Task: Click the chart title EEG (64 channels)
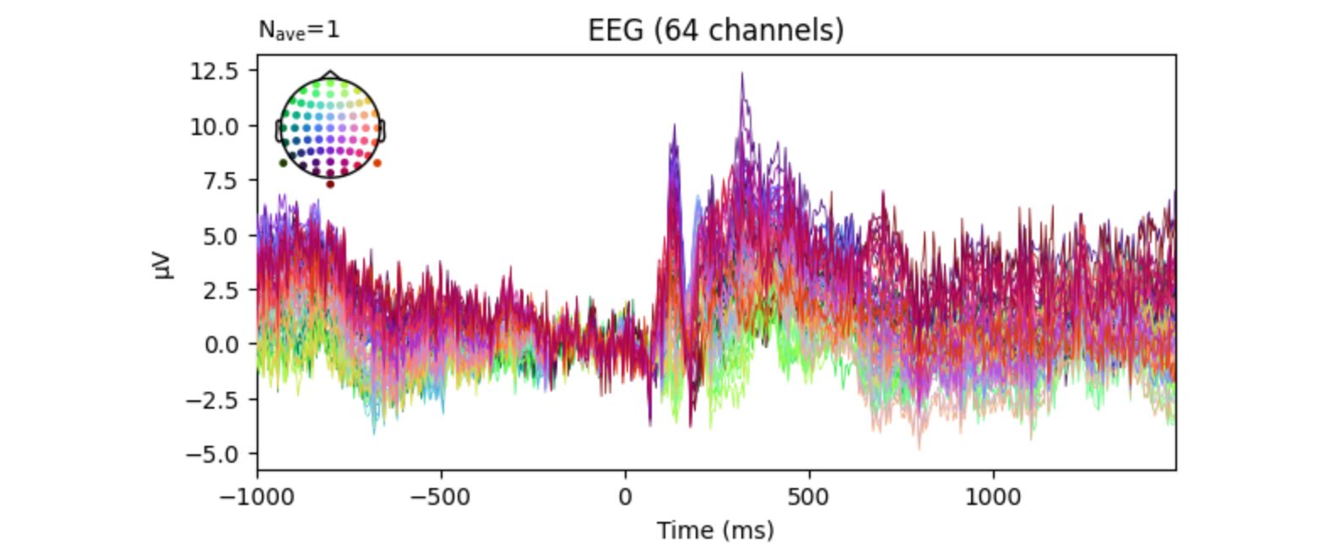click(x=715, y=30)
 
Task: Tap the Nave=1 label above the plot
click(x=299, y=30)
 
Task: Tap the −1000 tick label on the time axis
click(x=257, y=497)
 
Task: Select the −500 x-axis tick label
click(x=441, y=497)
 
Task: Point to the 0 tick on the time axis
click(x=626, y=497)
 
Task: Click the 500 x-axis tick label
click(x=810, y=497)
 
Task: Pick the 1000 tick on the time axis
click(x=993, y=497)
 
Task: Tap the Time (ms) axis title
click(x=715, y=530)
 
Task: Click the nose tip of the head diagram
click(x=330, y=73)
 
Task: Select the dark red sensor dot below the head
click(x=330, y=184)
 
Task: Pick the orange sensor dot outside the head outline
click(x=377, y=163)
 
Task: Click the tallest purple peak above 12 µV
click(x=742, y=74)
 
